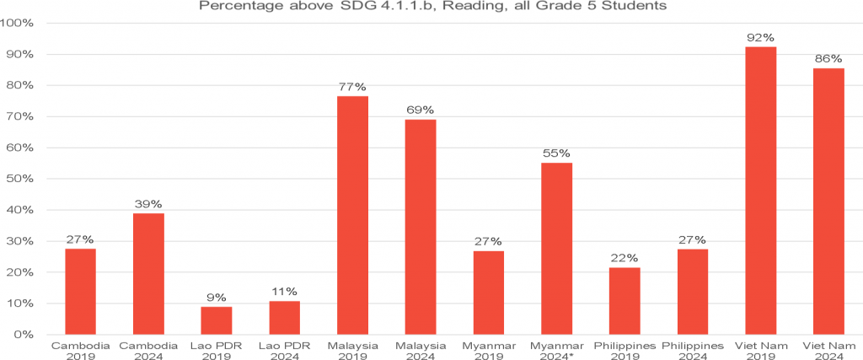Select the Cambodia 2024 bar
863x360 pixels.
tap(148, 273)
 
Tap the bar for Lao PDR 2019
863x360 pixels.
tap(216, 320)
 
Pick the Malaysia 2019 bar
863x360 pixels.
tap(352, 215)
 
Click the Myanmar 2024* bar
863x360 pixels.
tap(556, 249)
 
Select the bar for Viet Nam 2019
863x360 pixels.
tap(761, 191)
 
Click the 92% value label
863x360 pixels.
tap(761, 38)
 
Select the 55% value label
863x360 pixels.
tap(556, 153)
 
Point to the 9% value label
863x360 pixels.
tap(216, 298)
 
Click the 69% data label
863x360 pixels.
tap(420, 110)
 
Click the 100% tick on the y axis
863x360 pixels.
tap(18, 23)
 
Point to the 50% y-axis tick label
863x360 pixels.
tap(19, 179)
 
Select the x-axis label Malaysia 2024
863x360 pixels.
tap(420, 351)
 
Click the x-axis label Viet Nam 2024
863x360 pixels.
tap(828, 351)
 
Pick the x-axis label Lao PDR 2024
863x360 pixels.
tap(284, 351)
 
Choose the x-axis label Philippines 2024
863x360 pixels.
tap(693, 351)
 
